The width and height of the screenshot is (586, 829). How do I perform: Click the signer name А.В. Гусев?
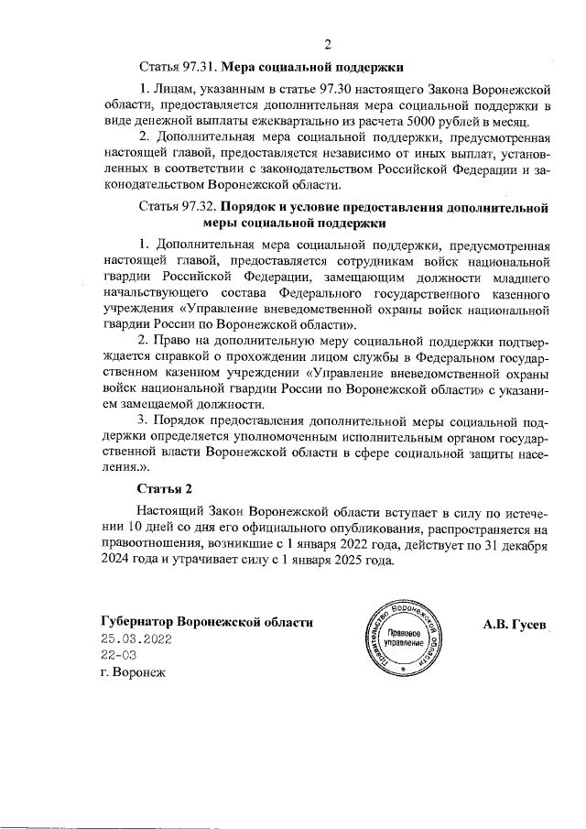[515, 623]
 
